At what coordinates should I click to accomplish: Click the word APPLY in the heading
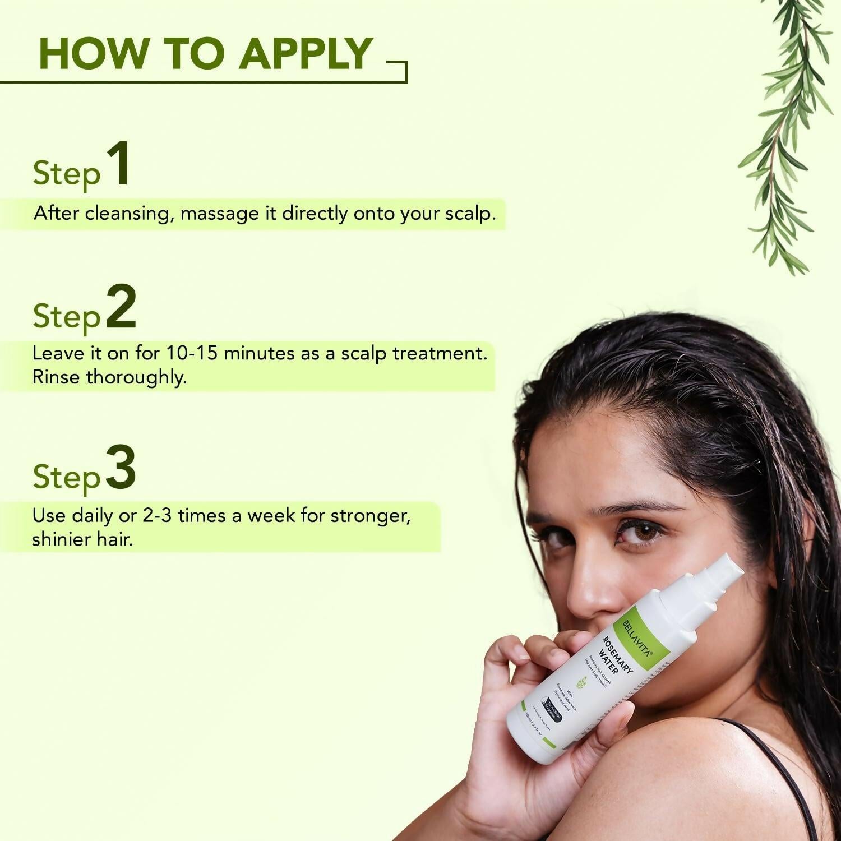coord(306,54)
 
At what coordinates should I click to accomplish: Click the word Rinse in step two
coord(56,377)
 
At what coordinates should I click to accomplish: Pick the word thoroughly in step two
coord(136,377)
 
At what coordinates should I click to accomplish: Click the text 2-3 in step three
coord(158,515)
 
